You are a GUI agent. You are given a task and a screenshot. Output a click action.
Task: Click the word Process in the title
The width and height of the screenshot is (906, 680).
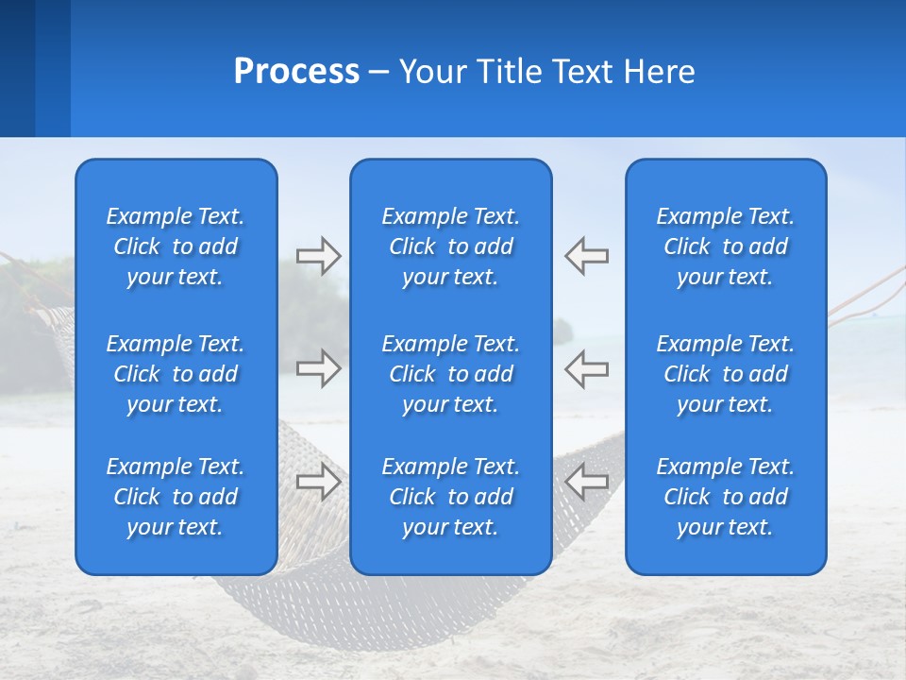[x=296, y=72]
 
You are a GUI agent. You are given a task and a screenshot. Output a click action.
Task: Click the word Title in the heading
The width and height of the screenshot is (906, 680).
[x=509, y=72]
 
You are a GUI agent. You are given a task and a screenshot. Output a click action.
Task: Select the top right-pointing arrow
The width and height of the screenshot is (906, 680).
[x=319, y=255]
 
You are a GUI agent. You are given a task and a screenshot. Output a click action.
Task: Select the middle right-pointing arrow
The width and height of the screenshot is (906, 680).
[x=319, y=367]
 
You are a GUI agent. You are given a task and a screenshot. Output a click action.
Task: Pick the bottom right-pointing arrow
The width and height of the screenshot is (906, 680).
[x=319, y=481]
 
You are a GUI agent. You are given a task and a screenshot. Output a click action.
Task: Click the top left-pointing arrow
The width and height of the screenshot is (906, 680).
[x=586, y=255]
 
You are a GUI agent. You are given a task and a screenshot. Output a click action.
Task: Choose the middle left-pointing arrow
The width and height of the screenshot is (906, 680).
[x=586, y=367]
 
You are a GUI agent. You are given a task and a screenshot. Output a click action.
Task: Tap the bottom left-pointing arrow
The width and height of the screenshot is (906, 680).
[x=586, y=481]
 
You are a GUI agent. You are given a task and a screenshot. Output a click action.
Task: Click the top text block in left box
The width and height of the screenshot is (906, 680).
[x=176, y=246]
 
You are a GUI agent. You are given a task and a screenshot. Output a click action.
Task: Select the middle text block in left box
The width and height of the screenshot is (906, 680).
[x=176, y=374]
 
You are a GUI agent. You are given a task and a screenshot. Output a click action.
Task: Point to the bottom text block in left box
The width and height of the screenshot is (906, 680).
[x=176, y=497]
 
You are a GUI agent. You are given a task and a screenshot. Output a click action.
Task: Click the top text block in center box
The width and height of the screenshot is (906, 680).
[x=450, y=246]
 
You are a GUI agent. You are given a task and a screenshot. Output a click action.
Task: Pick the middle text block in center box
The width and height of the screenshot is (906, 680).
[x=450, y=374]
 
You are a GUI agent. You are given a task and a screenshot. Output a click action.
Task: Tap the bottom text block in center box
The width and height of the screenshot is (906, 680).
[x=450, y=497]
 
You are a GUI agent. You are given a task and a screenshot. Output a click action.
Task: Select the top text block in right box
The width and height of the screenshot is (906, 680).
[x=725, y=246]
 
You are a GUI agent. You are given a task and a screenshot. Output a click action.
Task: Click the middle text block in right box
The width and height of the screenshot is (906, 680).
[x=725, y=374]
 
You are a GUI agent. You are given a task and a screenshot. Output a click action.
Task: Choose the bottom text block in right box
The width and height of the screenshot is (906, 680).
[x=725, y=497]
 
